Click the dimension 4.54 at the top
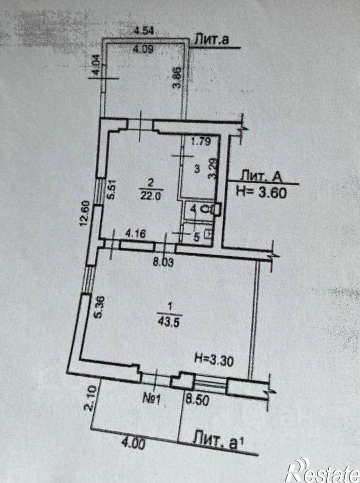pyautogui.click(x=144, y=31)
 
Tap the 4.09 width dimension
pyautogui.click(x=143, y=49)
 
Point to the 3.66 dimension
pyautogui.click(x=177, y=78)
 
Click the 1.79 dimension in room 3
pyautogui.click(x=201, y=141)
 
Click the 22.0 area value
pyautogui.click(x=150, y=196)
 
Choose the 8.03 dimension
pyautogui.click(x=163, y=263)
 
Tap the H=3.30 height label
pyautogui.click(x=214, y=359)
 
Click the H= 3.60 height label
pyautogui.click(x=261, y=193)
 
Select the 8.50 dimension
pyautogui.click(x=197, y=400)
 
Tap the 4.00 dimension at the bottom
pyautogui.click(x=133, y=444)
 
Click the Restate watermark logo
pyautogui.click(x=322, y=471)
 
